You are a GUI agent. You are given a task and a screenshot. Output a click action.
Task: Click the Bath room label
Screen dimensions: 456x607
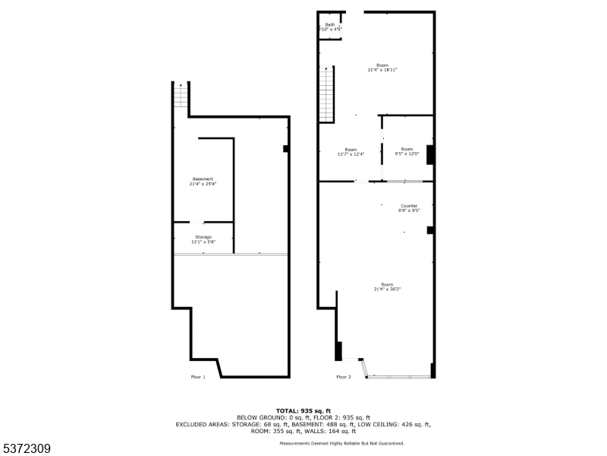[330, 24]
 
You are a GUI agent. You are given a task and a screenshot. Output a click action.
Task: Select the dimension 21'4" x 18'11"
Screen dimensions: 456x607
[382, 70]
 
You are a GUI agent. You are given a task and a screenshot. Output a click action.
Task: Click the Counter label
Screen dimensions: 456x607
[409, 206]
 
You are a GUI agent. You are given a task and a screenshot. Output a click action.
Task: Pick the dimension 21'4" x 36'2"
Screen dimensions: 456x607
[387, 290]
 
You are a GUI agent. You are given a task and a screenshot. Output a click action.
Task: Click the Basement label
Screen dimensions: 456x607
[203, 179]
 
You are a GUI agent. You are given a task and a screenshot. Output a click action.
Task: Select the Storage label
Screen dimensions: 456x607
[203, 237]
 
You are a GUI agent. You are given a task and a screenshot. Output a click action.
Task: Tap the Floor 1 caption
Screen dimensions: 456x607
[198, 377]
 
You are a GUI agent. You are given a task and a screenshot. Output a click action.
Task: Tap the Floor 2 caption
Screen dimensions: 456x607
[344, 377]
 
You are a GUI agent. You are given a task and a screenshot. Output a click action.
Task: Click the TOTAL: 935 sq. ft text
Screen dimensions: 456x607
[303, 410]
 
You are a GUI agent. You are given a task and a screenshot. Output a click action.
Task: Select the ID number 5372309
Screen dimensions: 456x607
[26, 449]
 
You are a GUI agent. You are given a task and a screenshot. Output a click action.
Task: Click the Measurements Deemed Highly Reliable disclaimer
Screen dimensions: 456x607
[341, 443]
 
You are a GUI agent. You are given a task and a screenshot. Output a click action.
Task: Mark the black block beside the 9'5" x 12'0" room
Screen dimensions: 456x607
[430, 154]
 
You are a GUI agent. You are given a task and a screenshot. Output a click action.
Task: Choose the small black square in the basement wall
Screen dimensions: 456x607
[286, 149]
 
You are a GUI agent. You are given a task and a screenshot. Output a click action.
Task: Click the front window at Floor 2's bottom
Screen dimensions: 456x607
[398, 376]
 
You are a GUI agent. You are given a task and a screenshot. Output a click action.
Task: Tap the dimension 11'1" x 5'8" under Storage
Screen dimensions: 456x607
[203, 242]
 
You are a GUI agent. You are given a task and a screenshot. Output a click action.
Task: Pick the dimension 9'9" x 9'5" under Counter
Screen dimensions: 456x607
[409, 211]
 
